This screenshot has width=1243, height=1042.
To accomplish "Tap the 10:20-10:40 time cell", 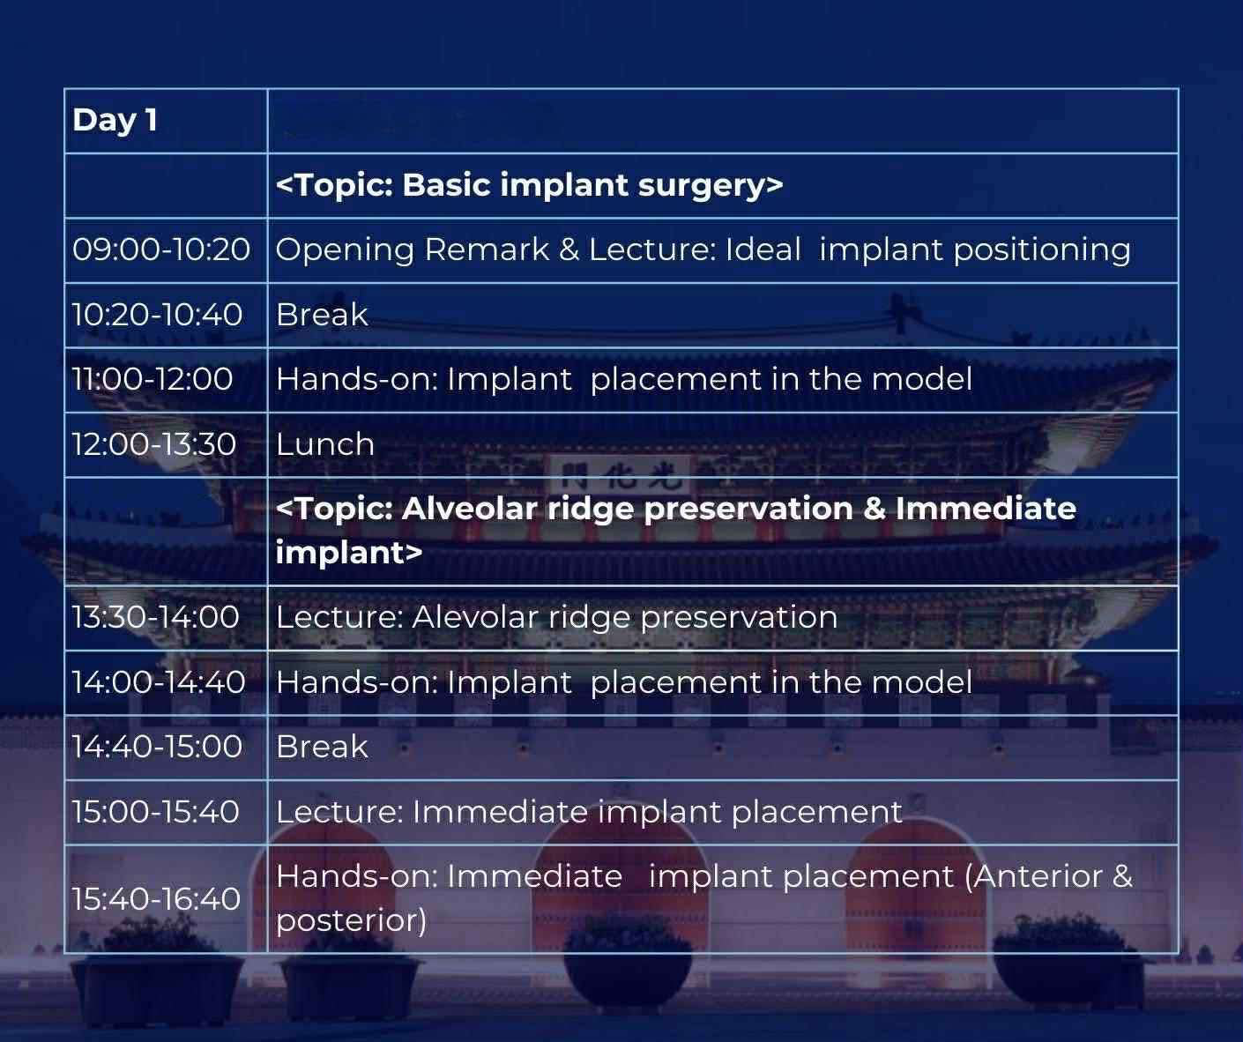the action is pyautogui.click(x=157, y=315).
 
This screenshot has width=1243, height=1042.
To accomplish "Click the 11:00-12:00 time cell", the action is pyautogui.click(x=153, y=379).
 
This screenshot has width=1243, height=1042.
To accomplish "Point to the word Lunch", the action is pyautogui.click(x=325, y=444).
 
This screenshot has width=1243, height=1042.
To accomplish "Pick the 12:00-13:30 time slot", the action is pyautogui.click(x=154, y=444).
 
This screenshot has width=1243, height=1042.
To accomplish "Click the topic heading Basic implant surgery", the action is pyautogui.click(x=529, y=184).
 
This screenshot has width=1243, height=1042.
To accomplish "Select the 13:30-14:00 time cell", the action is pyautogui.click(x=155, y=617).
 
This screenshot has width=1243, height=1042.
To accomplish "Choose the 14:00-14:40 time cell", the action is pyautogui.click(x=159, y=681).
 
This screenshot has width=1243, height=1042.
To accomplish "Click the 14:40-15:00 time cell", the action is pyautogui.click(x=157, y=747).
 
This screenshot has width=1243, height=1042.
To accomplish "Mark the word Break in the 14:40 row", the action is pyautogui.click(x=322, y=747).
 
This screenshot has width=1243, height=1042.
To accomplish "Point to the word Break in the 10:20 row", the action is pyautogui.click(x=322, y=315).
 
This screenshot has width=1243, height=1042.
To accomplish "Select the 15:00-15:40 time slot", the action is pyautogui.click(x=155, y=812).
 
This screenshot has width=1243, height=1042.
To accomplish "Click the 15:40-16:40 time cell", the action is pyautogui.click(x=156, y=898).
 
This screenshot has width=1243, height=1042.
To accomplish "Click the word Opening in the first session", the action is pyautogui.click(x=345, y=250).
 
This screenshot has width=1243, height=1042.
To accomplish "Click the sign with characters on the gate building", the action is pyautogui.click(x=620, y=474).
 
